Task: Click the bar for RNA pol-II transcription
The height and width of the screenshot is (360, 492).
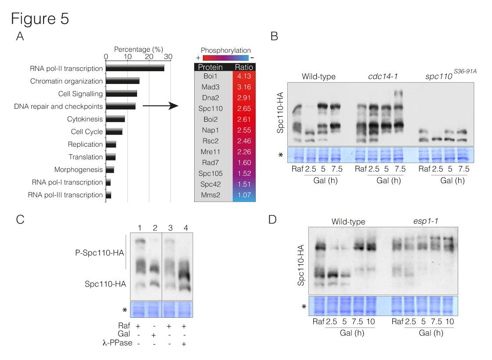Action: pyautogui.click(x=135, y=68)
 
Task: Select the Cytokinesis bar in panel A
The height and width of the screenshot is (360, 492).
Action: pyautogui.click(x=116, y=119)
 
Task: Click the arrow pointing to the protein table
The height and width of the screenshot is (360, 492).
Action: pyautogui.click(x=160, y=106)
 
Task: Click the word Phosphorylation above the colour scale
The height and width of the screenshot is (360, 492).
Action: pyautogui.click(x=225, y=50)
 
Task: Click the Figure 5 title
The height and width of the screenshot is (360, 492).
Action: pyautogui.click(x=41, y=19)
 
